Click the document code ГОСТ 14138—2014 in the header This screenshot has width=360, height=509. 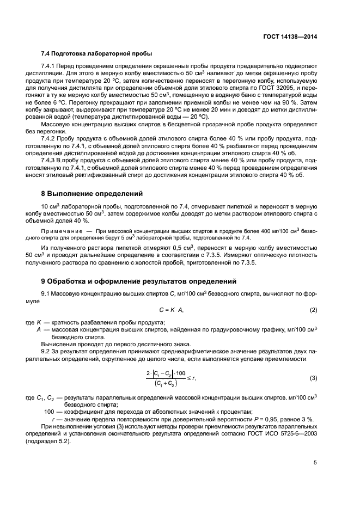point(291,38)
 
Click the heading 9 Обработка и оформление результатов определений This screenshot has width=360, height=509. point(139,281)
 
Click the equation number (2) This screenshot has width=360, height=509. point(314,310)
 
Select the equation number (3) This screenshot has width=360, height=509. point(314,378)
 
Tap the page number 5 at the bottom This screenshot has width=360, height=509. point(315,463)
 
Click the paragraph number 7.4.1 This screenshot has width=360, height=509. point(51,66)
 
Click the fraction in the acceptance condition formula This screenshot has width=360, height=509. point(165,378)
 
